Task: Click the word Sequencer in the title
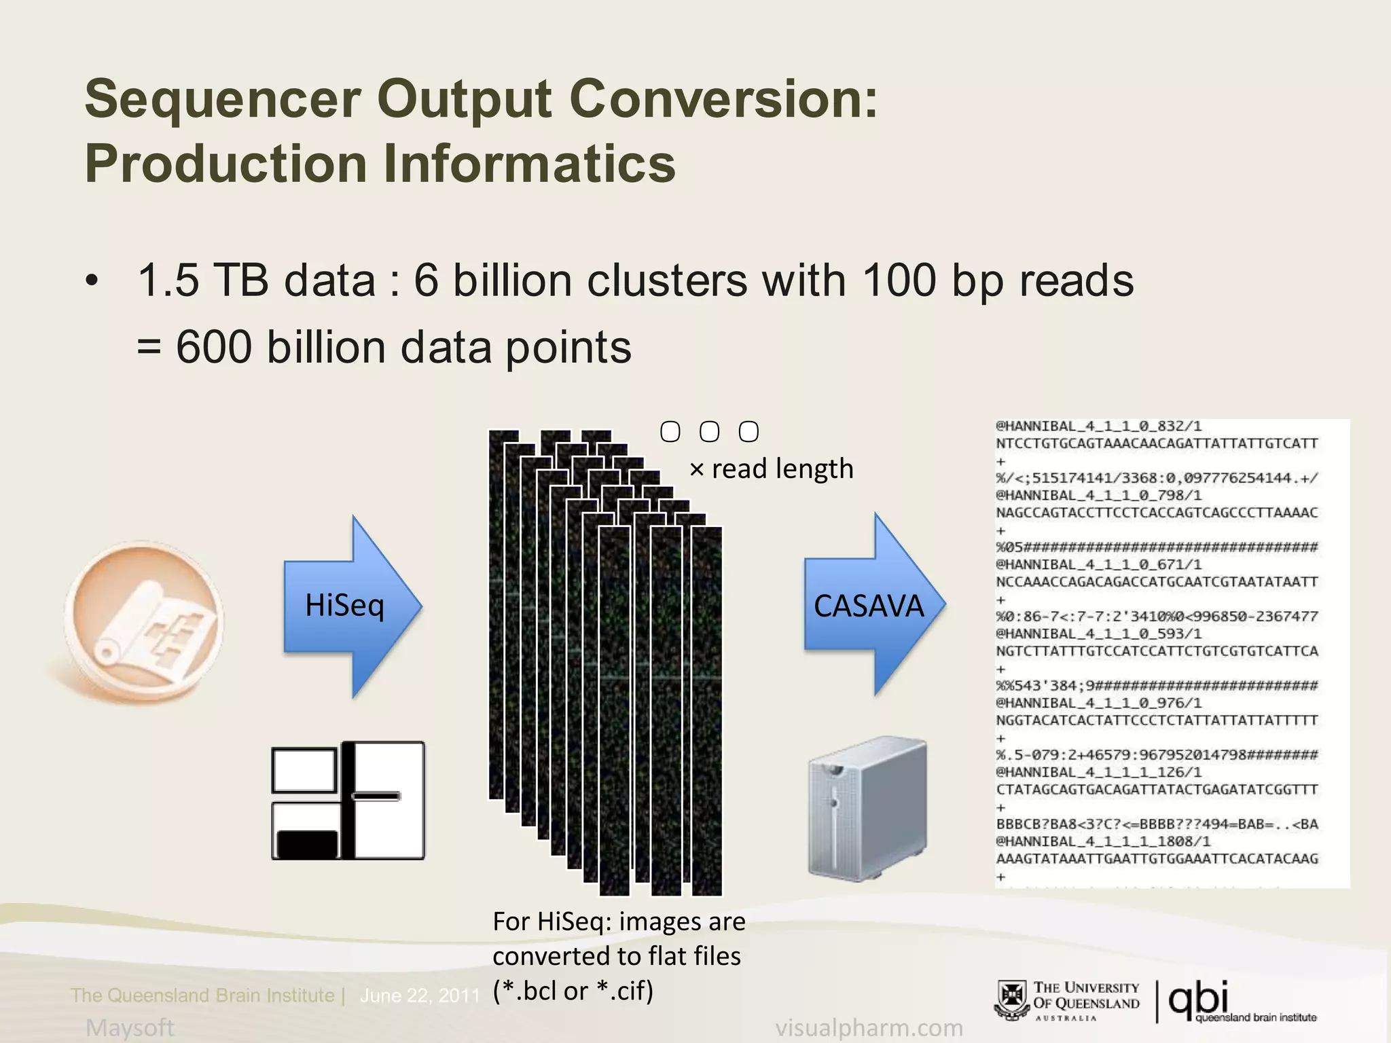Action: [223, 99]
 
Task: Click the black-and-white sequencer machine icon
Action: [348, 801]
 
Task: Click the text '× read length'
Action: [771, 469]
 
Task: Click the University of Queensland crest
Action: [1011, 1000]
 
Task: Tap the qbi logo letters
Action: [1199, 997]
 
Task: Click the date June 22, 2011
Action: [420, 995]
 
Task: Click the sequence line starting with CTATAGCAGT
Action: [1157, 790]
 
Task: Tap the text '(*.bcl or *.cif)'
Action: [573, 991]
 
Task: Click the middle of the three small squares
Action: [709, 432]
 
